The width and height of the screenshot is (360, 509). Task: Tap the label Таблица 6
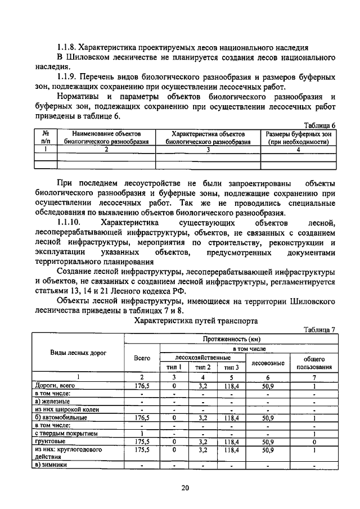pos(319,125)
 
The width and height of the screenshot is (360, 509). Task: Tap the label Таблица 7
pos(319,330)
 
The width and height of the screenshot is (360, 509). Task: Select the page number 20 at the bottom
pos(185,488)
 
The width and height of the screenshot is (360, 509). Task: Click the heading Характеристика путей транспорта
pos(188,321)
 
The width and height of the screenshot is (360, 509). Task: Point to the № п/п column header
pos(46,138)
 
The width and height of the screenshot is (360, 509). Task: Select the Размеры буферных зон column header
pos(298,138)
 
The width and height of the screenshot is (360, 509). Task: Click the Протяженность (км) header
pos(230,339)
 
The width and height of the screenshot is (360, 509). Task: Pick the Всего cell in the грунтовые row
pos(142,442)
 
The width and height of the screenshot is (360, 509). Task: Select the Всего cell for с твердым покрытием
pos(142,434)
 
